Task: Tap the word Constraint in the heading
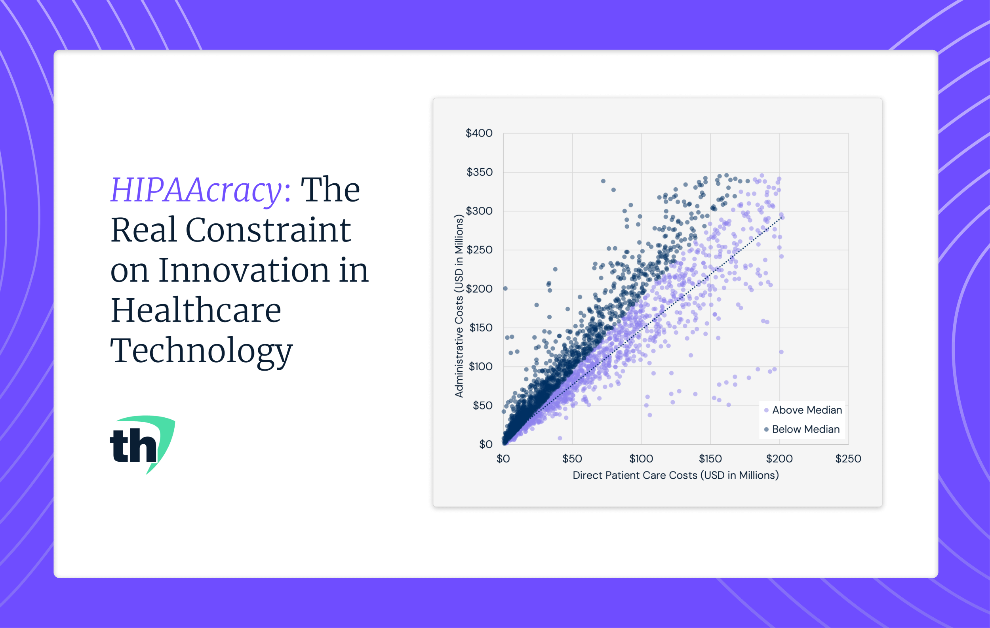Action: (268, 230)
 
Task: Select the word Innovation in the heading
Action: (244, 270)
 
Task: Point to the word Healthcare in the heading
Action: (196, 310)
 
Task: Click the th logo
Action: (142, 445)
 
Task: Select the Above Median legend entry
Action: (803, 410)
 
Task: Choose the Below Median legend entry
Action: (802, 430)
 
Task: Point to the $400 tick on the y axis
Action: (479, 133)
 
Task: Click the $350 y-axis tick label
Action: (480, 172)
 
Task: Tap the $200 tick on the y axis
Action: (480, 289)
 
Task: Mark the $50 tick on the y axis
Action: (483, 405)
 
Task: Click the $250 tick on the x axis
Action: (848, 459)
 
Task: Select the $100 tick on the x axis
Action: (642, 459)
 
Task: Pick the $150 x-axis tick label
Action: (710, 459)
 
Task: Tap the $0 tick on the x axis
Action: (503, 459)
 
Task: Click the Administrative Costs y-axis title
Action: (459, 306)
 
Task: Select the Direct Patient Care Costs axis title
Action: (676, 476)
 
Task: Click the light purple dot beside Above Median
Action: (766, 411)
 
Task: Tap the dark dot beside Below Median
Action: (766, 430)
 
